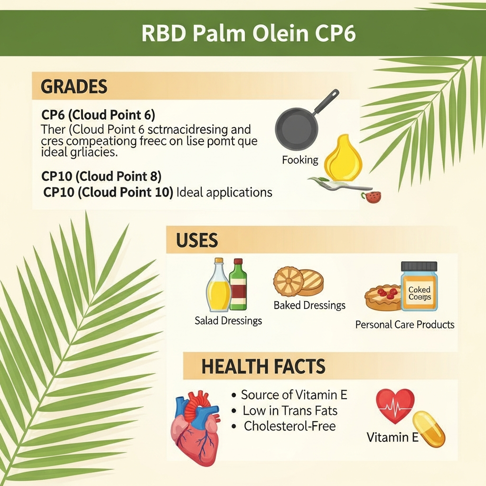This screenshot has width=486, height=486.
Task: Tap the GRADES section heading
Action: pos(74,87)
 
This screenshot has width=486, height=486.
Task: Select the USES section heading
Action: pos(196,241)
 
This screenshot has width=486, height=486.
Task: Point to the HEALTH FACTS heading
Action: pos(263,366)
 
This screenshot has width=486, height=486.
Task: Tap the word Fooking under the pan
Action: pos(300,160)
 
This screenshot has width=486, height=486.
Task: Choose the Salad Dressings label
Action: pos(228,321)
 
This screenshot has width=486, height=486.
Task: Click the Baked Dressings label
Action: pos(309,305)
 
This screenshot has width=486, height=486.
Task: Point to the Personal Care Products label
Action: pos(405,325)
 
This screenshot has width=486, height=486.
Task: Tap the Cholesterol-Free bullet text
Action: pos(290,426)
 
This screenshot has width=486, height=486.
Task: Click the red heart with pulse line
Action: pos(395,405)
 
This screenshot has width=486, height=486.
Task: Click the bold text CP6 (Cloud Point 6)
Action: pos(98,115)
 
